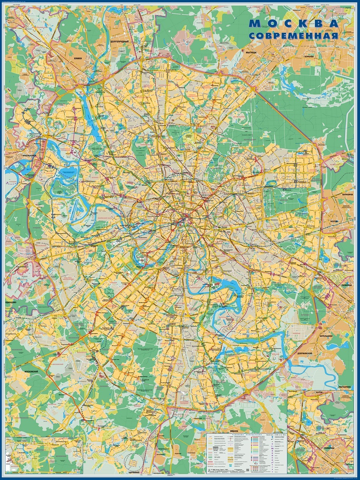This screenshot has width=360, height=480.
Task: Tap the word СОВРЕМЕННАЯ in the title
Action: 294,35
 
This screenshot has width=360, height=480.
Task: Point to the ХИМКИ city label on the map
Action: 80,58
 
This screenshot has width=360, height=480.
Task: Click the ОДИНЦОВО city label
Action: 11,302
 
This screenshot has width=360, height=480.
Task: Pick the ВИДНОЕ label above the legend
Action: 234,431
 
